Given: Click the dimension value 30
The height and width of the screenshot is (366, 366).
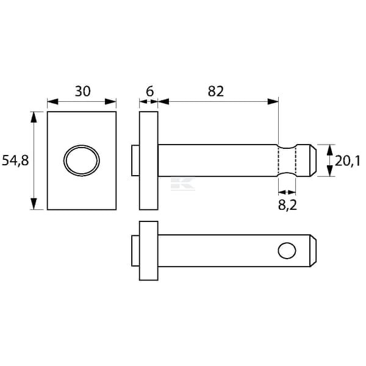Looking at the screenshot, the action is pyautogui.click(x=82, y=91).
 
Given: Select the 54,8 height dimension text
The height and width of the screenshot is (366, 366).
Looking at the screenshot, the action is pyautogui.click(x=15, y=160).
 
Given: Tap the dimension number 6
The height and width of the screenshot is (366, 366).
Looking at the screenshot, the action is pyautogui.click(x=149, y=91).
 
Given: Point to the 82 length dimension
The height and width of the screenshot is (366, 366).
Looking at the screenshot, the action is pyautogui.click(x=216, y=91).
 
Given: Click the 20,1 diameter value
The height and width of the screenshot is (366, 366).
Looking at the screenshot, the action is pyautogui.click(x=348, y=161).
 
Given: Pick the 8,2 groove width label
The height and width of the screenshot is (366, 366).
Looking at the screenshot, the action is pyautogui.click(x=287, y=205).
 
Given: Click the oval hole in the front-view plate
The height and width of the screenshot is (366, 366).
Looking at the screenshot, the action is pyautogui.click(x=82, y=160).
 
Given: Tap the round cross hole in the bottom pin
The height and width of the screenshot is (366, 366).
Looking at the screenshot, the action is pyautogui.click(x=287, y=251).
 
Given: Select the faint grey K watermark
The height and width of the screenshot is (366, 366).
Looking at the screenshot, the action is pyautogui.click(x=183, y=184).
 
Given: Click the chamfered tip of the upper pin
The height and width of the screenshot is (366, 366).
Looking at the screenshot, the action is pyautogui.click(x=314, y=160).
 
